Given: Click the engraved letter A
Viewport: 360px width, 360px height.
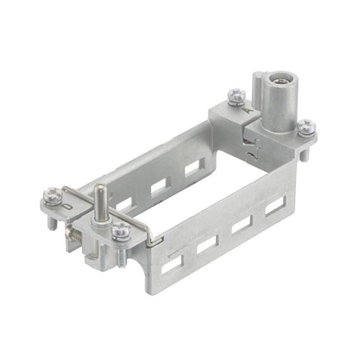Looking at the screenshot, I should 246,111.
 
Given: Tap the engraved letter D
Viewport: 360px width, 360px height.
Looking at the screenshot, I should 67,205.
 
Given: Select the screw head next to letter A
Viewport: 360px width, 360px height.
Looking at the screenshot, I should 237,96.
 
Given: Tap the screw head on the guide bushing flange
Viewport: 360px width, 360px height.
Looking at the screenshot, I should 307,127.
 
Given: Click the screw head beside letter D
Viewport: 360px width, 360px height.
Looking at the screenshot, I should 52,195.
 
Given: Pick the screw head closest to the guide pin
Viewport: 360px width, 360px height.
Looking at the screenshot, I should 120,229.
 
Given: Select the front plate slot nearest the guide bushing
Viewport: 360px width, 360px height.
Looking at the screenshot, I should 274,205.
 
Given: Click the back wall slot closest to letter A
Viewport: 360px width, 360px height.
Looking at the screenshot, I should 192,167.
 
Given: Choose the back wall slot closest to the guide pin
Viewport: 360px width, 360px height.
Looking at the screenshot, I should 124,203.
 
